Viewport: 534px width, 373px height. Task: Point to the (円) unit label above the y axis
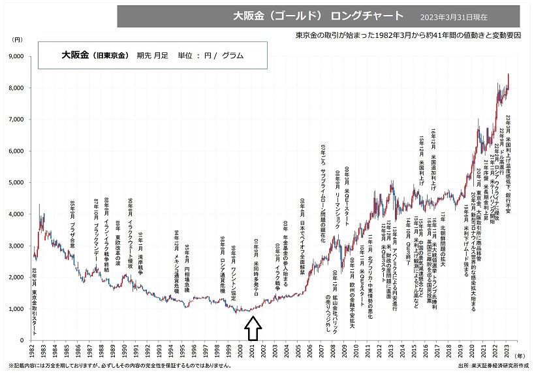18,41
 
